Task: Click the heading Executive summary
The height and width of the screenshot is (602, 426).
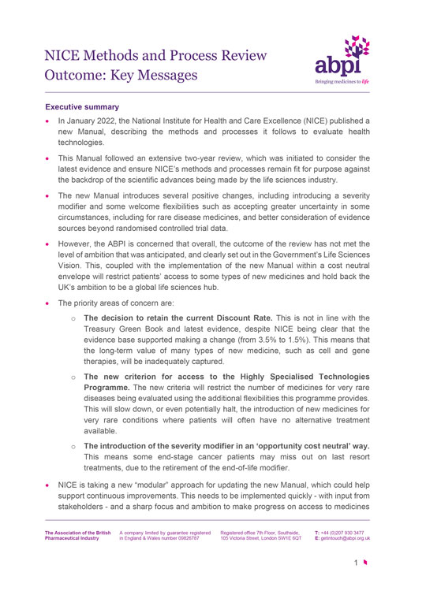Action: coord(82,106)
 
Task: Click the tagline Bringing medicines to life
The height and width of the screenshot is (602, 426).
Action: coord(344,80)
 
